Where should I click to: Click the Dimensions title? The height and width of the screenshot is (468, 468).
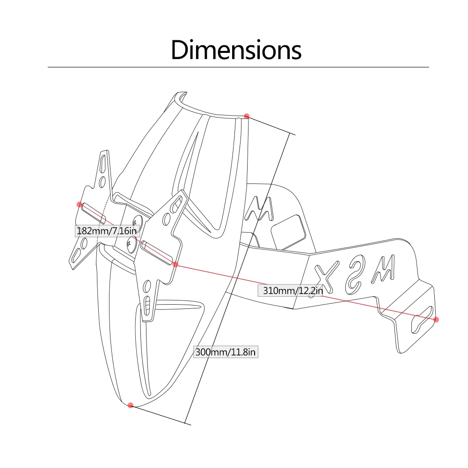coord(236,50)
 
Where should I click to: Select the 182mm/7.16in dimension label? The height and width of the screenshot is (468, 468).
coord(107,231)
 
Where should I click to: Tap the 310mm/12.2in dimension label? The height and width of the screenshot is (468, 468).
coord(293,290)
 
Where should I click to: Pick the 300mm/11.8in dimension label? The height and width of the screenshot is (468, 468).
coord(226,352)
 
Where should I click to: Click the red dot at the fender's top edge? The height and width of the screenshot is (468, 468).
coord(247,116)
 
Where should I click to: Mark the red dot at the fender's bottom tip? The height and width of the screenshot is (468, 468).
coord(131,405)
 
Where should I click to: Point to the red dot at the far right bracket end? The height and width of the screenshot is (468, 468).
coord(436,319)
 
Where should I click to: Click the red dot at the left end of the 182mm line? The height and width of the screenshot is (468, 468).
coord(80,205)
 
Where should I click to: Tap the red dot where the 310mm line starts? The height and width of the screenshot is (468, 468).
coord(175,264)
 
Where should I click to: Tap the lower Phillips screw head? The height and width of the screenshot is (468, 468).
coord(131,244)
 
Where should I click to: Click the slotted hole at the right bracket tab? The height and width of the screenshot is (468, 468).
coord(422,320)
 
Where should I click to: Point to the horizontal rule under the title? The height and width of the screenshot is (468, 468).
coord(238,67)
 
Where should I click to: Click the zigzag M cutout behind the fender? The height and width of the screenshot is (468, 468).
coord(259,208)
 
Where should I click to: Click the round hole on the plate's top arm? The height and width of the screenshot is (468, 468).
coord(102,182)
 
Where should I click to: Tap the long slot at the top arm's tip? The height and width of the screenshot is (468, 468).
coord(103,163)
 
